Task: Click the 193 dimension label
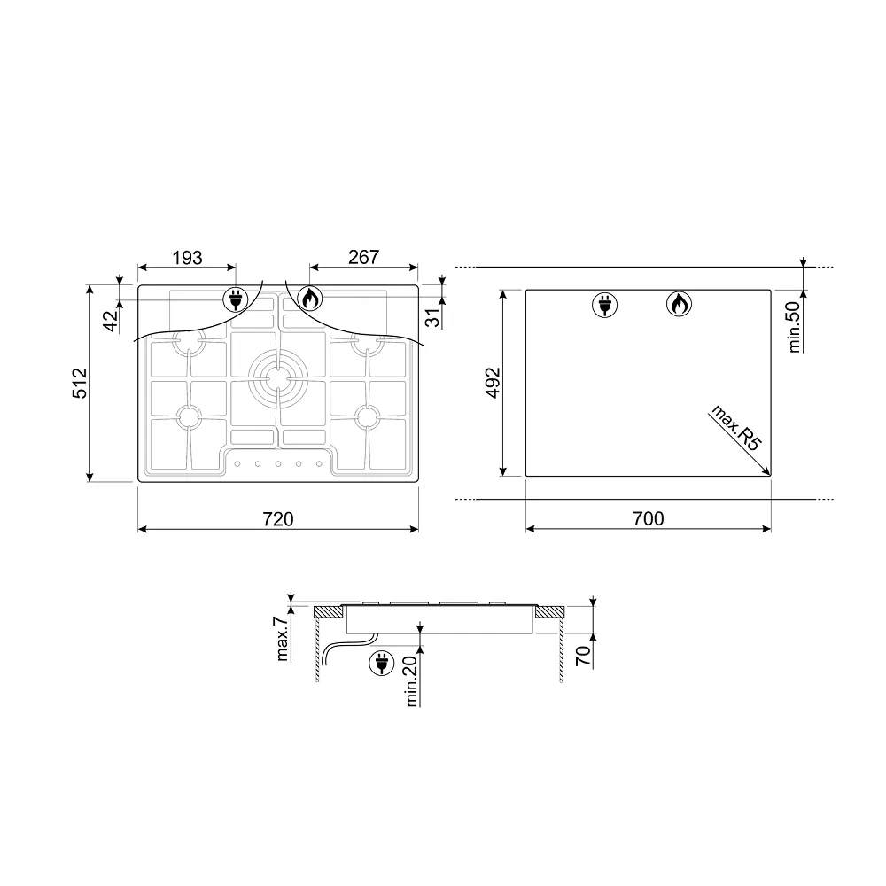point(187,258)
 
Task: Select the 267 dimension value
point(363,257)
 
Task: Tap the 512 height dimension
point(81,383)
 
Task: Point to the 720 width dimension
point(278,518)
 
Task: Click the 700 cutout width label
point(649,518)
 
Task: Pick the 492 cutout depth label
point(494,383)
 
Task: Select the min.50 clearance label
point(795,327)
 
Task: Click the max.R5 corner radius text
point(736,427)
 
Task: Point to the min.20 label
point(411,680)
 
